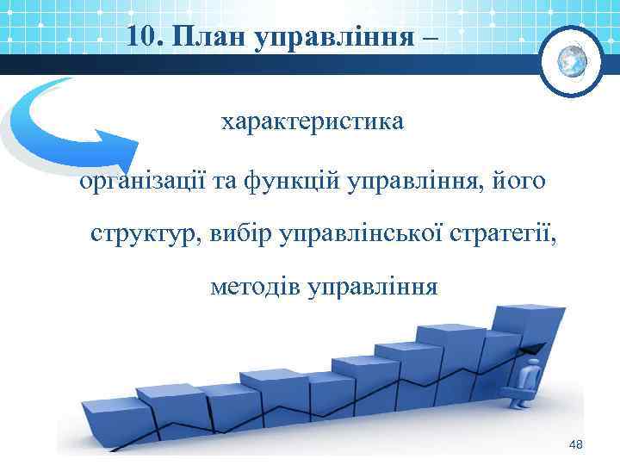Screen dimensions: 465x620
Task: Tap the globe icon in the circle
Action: tap(571, 61)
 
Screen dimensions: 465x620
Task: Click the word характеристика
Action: tap(311, 122)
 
